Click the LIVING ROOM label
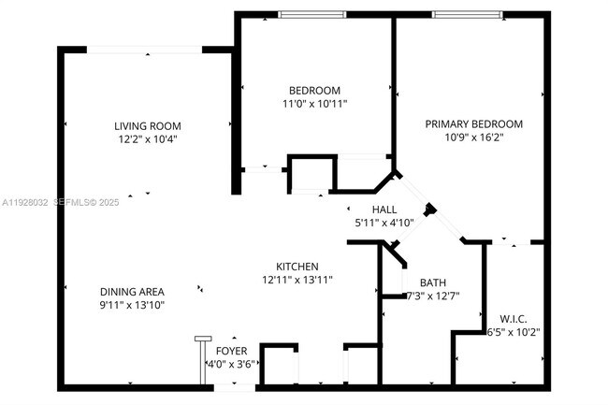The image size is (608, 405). coord(147,126)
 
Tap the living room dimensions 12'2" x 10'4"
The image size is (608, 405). coord(147,139)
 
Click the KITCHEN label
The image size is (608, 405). coord(297,267)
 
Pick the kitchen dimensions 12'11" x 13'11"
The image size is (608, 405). coord(297,280)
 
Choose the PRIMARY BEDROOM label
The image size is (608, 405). coord(473,123)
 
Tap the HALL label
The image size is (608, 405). coord(384,210)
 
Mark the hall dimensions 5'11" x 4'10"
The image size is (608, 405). coord(384,224)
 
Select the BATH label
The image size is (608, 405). coord(432,283)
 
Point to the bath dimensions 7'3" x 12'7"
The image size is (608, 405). coord(432,297)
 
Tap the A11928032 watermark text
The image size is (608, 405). coord(26,201)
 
